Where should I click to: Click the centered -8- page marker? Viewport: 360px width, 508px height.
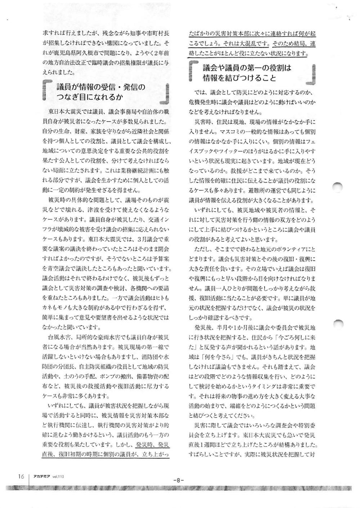[x=179, y=480]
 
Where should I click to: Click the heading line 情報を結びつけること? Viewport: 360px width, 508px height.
[x=239, y=78]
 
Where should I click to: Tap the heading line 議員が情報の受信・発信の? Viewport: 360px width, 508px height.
[x=101, y=87]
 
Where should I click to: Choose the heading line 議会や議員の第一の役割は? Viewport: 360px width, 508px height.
[x=247, y=68]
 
